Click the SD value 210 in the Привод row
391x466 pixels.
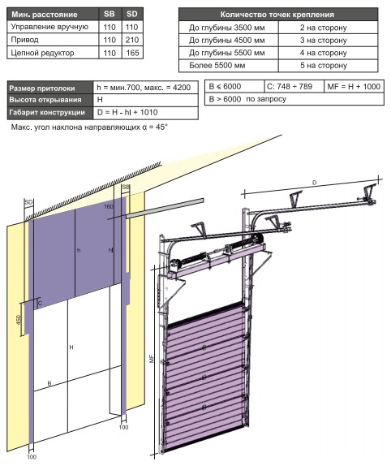131,40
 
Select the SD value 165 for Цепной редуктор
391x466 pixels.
132,53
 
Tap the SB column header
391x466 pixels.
110,14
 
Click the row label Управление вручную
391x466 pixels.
49,27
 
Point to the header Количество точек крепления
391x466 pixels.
277,15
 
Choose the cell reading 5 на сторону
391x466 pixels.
324,66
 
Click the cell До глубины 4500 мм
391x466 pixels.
227,40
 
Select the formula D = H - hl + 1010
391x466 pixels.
127,112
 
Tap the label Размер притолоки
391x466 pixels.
42,88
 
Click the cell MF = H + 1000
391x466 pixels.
354,87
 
